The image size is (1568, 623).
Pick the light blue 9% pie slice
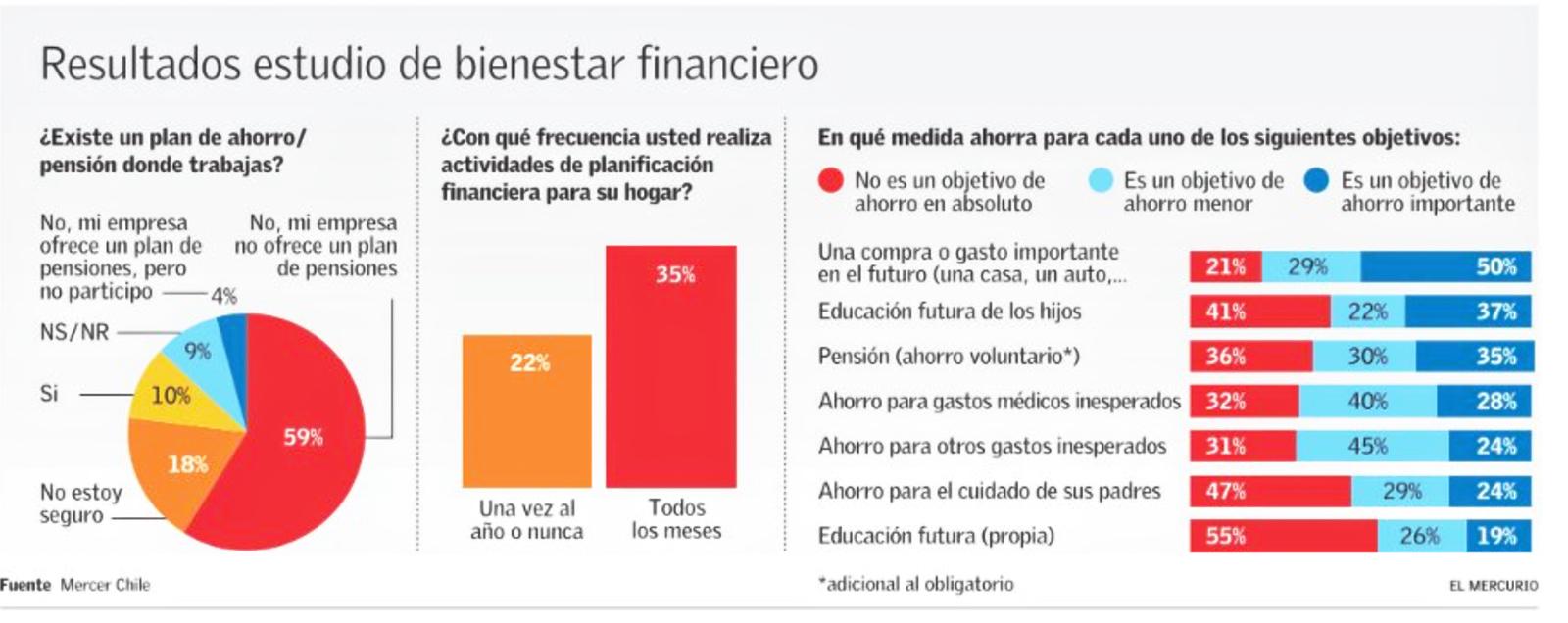196,353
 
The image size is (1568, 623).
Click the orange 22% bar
527,411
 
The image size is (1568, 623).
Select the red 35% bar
671,367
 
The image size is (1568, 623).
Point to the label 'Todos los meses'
676,519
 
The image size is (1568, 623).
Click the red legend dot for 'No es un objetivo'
830,181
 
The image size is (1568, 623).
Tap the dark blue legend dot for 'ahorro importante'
1315,181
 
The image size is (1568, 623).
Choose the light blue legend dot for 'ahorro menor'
1101,181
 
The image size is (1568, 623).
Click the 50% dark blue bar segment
1445,266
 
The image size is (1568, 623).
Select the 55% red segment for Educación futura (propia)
1284,536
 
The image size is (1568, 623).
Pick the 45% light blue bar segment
1366,446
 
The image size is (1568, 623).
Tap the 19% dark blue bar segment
1497,536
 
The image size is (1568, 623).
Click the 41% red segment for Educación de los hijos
1259,311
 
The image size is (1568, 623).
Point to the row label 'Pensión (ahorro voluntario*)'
949,356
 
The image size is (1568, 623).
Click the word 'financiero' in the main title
727,64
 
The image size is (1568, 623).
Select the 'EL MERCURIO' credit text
1494,585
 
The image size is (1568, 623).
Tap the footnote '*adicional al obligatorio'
916,584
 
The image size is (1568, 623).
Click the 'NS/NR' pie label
74,332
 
